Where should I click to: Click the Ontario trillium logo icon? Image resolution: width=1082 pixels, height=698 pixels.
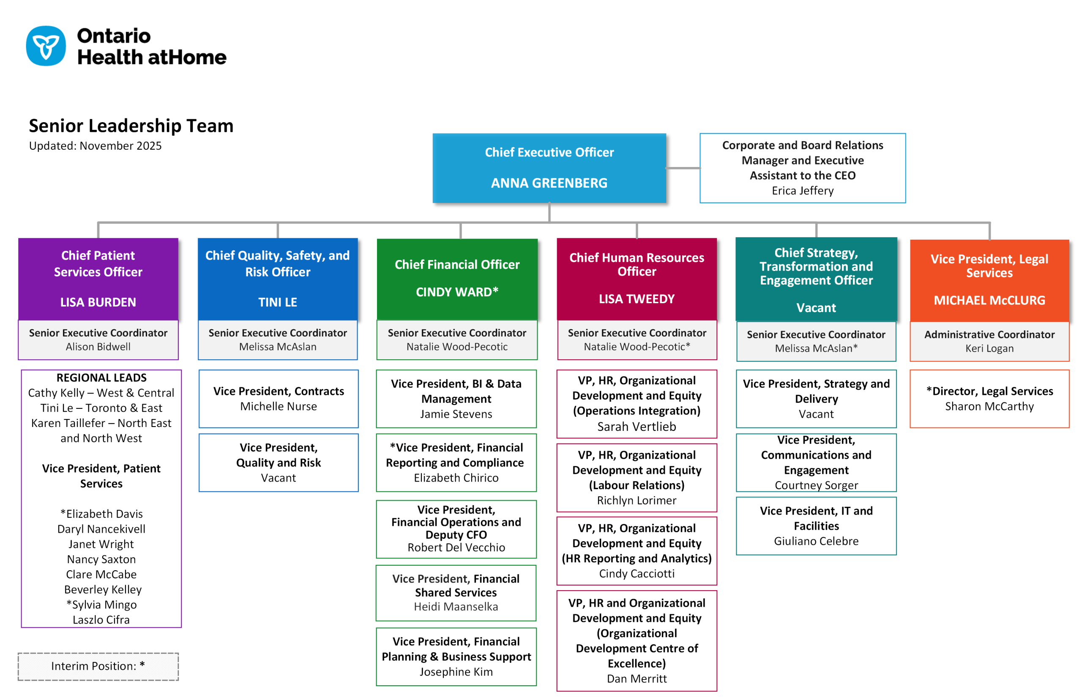click(46, 46)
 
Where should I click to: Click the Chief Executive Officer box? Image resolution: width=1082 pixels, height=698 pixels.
click(549, 168)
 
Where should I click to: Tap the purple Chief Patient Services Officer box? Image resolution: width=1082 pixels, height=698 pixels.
click(98, 278)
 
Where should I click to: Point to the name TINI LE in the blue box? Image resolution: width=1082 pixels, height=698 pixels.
click(277, 302)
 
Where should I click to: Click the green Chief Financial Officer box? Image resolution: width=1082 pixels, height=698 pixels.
click(457, 278)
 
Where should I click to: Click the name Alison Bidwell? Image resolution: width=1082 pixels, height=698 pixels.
click(98, 347)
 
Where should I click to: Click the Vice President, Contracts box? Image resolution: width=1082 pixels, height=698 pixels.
click(278, 398)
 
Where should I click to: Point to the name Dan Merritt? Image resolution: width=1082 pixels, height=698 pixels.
click(636, 679)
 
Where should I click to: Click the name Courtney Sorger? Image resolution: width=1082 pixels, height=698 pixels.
click(816, 485)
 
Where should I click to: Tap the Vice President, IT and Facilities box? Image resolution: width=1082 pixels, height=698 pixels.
click(816, 526)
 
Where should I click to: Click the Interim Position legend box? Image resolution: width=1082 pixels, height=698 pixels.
click(98, 666)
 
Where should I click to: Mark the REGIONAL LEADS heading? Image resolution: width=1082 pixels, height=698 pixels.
click(101, 378)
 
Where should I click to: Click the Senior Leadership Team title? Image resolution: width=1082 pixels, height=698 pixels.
click(131, 126)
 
